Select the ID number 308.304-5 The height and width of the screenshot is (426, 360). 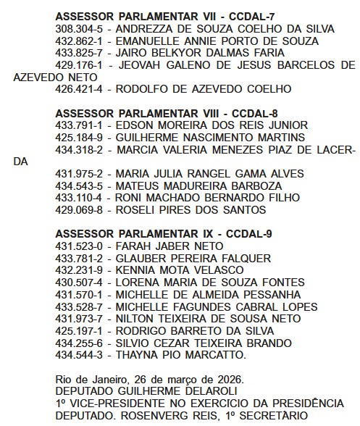(x=80, y=28)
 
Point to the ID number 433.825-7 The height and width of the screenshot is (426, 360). (x=80, y=53)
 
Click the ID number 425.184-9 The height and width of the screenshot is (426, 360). (x=80, y=138)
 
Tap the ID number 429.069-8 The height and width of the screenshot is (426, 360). (x=80, y=210)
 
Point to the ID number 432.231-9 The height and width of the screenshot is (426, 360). (x=80, y=271)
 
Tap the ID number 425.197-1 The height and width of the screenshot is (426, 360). (x=80, y=331)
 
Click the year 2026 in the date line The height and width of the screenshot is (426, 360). (x=229, y=380)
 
